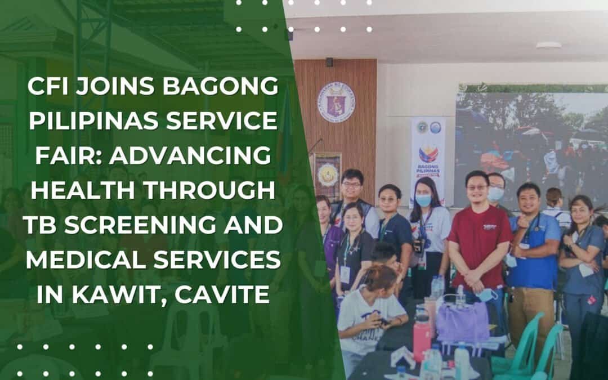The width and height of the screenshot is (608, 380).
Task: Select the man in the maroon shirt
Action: (x=479, y=236)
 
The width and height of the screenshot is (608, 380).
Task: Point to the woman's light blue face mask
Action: (x=423, y=200)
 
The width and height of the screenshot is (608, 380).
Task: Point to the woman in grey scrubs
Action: (x=582, y=253)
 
